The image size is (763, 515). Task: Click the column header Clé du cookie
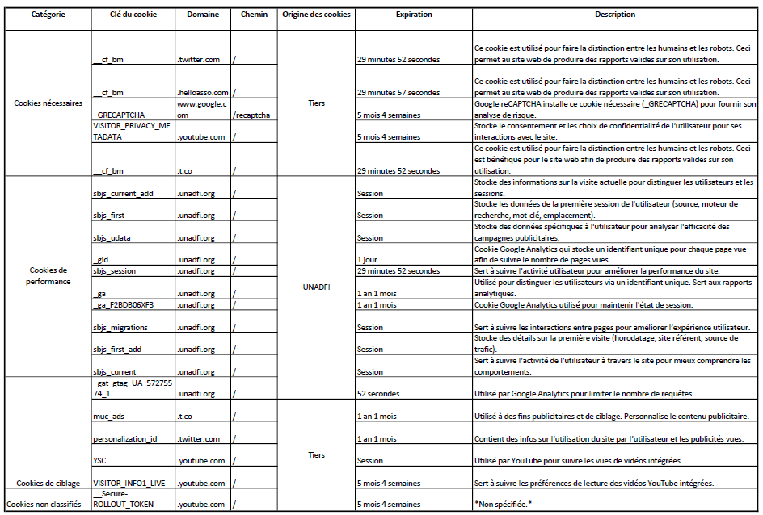133,15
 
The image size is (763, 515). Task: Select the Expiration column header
413,15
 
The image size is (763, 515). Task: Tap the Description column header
615,15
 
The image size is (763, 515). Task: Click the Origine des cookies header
316,15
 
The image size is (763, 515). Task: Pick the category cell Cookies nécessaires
48,103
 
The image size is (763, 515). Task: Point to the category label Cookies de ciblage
48,483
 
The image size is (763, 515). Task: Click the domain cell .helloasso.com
203,93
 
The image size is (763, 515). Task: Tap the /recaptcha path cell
251,115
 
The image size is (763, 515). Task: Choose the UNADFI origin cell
316,287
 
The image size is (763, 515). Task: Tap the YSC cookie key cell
100,461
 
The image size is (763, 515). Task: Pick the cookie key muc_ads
109,417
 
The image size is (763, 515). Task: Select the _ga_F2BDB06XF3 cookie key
123,305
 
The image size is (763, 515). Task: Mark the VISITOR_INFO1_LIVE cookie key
129,483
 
